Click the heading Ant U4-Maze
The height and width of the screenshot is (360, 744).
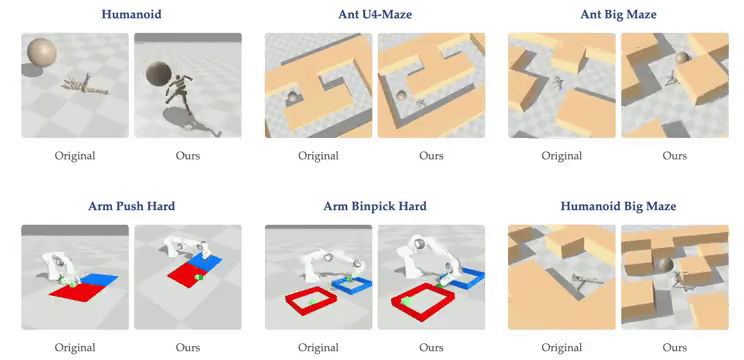(x=375, y=14)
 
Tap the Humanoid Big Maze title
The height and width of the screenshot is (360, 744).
(x=618, y=206)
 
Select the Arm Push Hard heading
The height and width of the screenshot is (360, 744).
(x=131, y=206)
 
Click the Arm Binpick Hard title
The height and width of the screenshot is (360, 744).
(x=375, y=206)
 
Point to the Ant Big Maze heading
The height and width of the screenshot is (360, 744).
(x=618, y=15)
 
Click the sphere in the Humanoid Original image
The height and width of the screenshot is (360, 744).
(x=42, y=52)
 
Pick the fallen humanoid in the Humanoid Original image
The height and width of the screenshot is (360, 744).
(x=85, y=85)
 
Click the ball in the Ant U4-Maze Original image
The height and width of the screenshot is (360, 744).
(x=293, y=97)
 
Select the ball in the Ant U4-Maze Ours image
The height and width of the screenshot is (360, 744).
(x=402, y=96)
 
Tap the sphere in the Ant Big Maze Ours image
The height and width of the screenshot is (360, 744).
(x=682, y=58)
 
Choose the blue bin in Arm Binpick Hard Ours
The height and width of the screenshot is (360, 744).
(x=465, y=278)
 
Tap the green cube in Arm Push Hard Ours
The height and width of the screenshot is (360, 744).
(x=200, y=276)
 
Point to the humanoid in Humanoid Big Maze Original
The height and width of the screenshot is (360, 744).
(x=586, y=281)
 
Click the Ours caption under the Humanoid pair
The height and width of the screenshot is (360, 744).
(x=188, y=156)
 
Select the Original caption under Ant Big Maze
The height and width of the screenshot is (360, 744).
(x=562, y=156)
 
